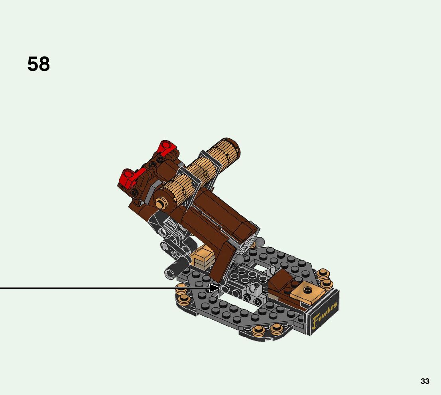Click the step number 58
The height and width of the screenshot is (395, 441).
[39, 64]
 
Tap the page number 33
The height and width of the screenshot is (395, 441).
[425, 381]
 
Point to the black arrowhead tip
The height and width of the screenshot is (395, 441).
[221, 288]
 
